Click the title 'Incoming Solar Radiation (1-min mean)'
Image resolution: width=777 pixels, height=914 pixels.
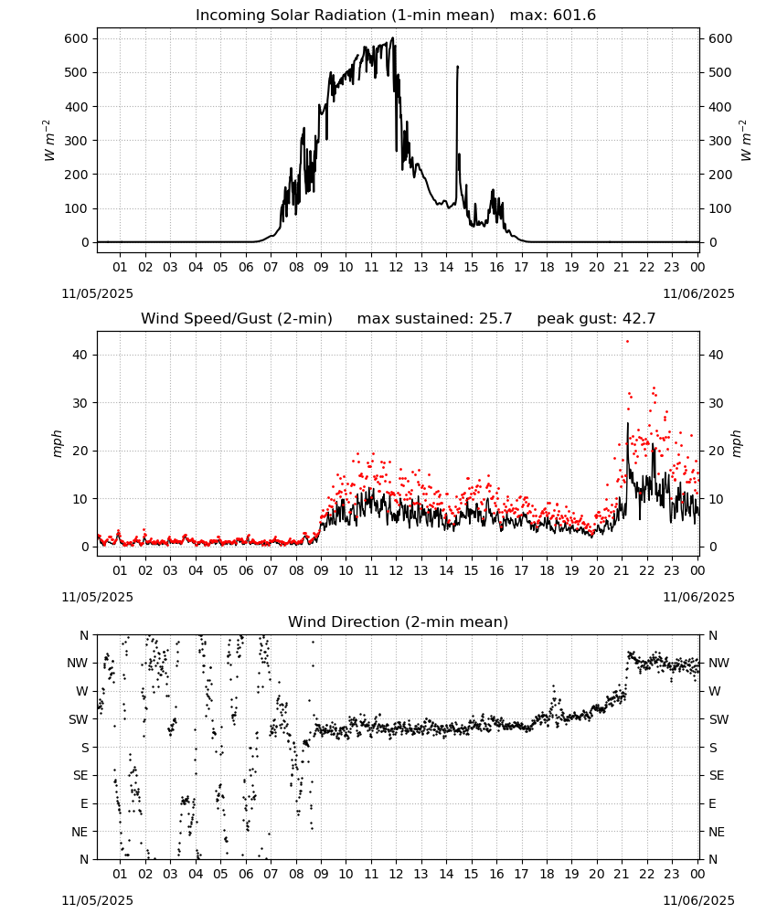[345, 16]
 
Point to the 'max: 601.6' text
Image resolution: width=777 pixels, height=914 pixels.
[553, 16]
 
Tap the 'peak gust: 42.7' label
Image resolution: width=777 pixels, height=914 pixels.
[596, 319]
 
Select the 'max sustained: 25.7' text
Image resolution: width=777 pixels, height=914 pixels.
[434, 319]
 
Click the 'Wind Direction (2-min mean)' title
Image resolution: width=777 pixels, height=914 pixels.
[399, 622]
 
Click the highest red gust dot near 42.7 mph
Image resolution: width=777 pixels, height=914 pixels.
[627, 342]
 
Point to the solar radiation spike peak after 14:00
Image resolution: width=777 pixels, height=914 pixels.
[458, 67]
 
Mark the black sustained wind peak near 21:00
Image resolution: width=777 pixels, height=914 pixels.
[628, 423]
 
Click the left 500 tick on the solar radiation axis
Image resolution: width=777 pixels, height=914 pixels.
[77, 72]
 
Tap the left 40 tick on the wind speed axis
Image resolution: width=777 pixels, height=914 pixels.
[81, 355]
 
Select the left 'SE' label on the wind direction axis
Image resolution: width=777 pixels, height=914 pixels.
[80, 775]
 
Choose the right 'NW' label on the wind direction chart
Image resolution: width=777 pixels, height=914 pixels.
[718, 663]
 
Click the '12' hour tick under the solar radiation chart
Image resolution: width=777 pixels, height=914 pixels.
[396, 267]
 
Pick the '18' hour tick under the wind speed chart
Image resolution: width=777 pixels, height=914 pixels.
[547, 570]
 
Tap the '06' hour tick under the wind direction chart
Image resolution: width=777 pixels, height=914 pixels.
[246, 874]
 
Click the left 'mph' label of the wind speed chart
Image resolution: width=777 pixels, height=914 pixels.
[57, 443]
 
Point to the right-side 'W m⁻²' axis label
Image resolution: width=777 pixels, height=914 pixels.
[746, 141]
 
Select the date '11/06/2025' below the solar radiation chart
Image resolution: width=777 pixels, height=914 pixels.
[699, 293]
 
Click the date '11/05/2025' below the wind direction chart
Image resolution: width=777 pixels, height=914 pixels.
[97, 900]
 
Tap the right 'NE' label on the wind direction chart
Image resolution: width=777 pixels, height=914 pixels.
[717, 832]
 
